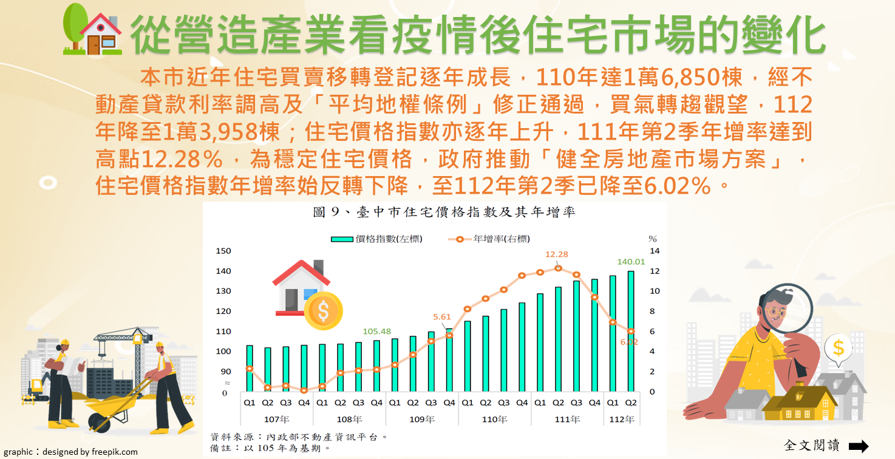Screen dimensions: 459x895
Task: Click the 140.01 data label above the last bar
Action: pos(630,262)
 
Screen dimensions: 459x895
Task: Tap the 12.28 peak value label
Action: pos(557,254)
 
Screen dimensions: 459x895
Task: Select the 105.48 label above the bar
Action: pos(376,331)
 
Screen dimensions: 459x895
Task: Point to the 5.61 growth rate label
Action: pos(442,317)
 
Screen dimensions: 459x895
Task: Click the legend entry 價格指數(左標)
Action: pos(377,239)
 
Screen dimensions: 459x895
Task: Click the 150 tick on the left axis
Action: pos(223,251)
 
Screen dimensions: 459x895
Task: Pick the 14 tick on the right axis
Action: pos(655,251)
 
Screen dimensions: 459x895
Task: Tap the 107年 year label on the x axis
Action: pos(276,420)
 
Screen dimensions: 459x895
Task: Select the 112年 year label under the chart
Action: pos(622,420)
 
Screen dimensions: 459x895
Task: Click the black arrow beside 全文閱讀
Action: pos(858,446)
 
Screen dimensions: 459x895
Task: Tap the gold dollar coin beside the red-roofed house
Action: pos(323,311)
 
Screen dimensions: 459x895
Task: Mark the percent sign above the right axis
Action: pos(653,239)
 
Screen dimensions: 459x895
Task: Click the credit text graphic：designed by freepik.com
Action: pos(71,452)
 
